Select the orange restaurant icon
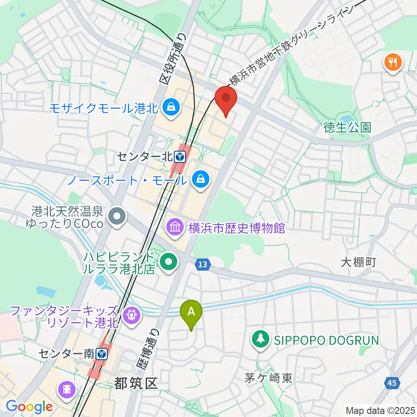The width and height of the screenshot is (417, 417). [x=393, y=63]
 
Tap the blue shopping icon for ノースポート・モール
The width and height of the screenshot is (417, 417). [x=201, y=179]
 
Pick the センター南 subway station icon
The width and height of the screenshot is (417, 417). [x=101, y=354]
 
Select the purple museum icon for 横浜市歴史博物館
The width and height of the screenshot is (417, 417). [x=175, y=227]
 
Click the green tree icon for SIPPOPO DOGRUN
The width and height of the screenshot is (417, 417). [x=261, y=339]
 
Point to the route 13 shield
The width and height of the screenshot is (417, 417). [x=203, y=264]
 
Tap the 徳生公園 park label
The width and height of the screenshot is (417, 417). [x=347, y=127]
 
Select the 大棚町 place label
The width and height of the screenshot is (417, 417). [x=358, y=262]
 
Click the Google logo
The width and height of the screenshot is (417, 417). [x=29, y=407]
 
